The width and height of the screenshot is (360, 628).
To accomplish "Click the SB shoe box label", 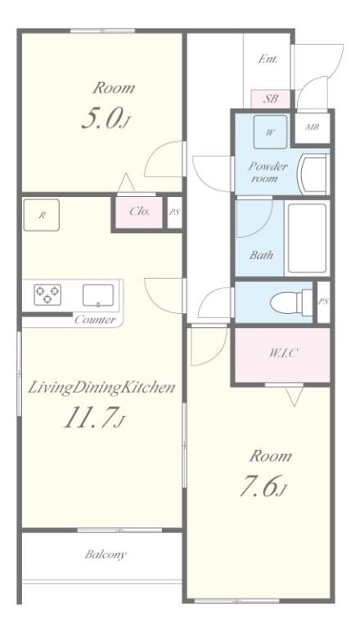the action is (271, 98).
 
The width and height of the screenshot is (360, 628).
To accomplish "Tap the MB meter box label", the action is (313, 128).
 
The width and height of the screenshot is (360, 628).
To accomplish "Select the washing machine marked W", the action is (271, 132).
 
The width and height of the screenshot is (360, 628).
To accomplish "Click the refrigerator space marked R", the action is (42, 215).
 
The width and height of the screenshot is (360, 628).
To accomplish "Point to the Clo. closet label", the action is (140, 211).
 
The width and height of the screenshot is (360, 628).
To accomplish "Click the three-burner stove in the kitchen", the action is (47, 294).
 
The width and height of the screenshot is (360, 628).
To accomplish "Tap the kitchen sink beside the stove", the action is (98, 295).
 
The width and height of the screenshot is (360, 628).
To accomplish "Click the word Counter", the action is (95, 320).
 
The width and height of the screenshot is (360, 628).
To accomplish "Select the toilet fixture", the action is (290, 303).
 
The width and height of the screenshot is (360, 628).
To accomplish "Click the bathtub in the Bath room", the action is (308, 239).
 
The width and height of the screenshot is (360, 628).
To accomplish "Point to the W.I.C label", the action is (283, 353).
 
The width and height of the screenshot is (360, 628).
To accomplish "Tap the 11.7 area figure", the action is (92, 417).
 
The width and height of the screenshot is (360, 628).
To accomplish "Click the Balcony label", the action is (106, 554).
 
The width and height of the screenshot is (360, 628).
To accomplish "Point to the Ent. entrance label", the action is (268, 60).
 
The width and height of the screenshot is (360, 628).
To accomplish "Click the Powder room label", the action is (268, 173).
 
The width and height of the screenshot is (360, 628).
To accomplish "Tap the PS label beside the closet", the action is (174, 213).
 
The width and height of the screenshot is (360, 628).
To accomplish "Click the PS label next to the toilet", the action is (323, 302).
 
